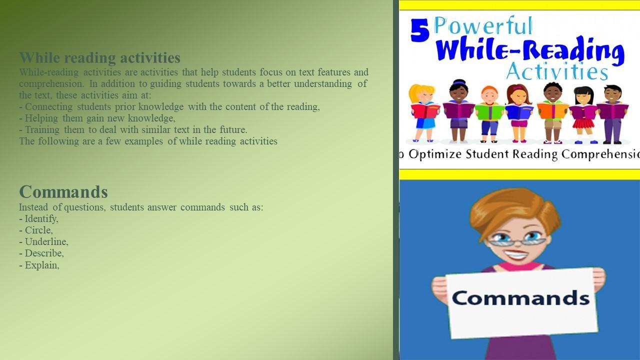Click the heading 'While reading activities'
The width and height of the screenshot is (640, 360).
point(99,57)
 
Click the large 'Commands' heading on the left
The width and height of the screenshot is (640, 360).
point(63,191)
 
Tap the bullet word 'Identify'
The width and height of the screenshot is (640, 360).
point(41,219)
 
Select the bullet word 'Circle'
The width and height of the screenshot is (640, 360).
point(38,230)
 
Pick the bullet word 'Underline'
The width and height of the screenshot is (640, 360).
point(46,241)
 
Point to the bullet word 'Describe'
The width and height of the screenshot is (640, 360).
point(43,253)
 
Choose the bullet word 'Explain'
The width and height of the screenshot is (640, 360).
point(41,265)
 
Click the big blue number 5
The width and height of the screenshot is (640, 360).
point(419,30)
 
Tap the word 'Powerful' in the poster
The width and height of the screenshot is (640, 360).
point(483,25)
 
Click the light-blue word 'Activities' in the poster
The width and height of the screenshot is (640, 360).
point(557,71)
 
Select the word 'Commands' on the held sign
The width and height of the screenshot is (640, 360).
point(520,297)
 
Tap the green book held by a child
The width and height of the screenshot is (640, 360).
point(489,112)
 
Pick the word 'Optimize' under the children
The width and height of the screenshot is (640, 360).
point(435,154)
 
